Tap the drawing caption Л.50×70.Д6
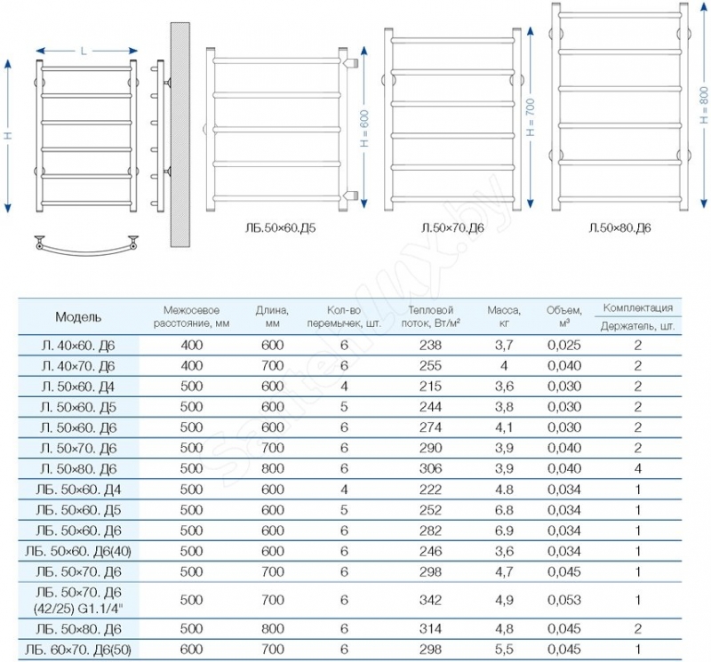tap(451, 228)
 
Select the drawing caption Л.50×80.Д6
tap(619, 228)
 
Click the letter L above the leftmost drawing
tap(84, 51)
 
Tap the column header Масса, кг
tap(504, 316)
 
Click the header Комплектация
tap(637, 307)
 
